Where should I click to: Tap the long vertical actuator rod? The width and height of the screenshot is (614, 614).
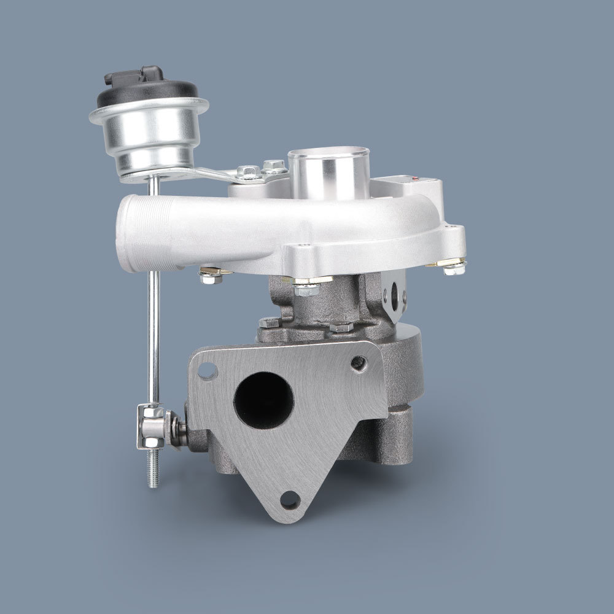coord(154,319)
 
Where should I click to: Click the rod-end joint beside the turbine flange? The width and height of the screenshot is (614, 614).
coord(161,426)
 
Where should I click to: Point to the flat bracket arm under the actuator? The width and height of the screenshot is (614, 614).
coord(203,174)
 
